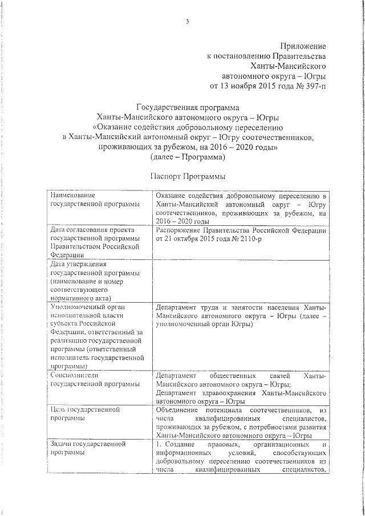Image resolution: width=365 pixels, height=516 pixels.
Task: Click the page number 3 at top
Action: point(186,22)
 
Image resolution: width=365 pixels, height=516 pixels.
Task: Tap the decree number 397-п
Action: point(314,86)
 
